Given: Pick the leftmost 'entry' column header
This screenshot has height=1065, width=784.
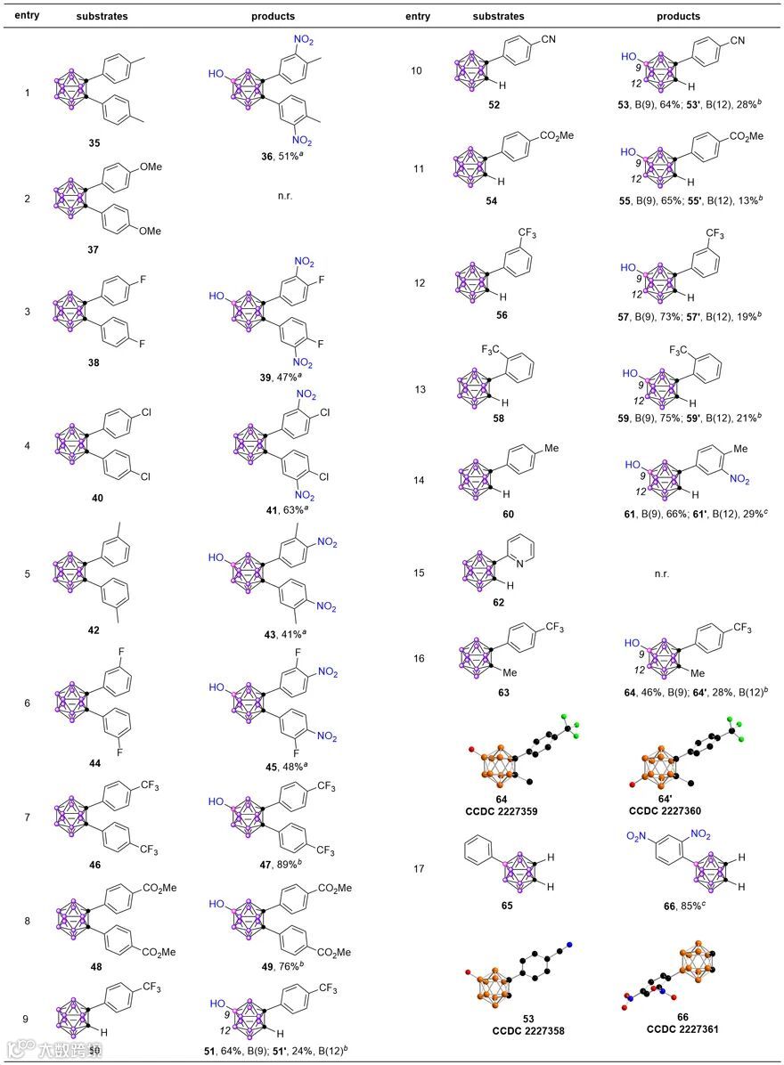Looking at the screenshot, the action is (26, 16).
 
